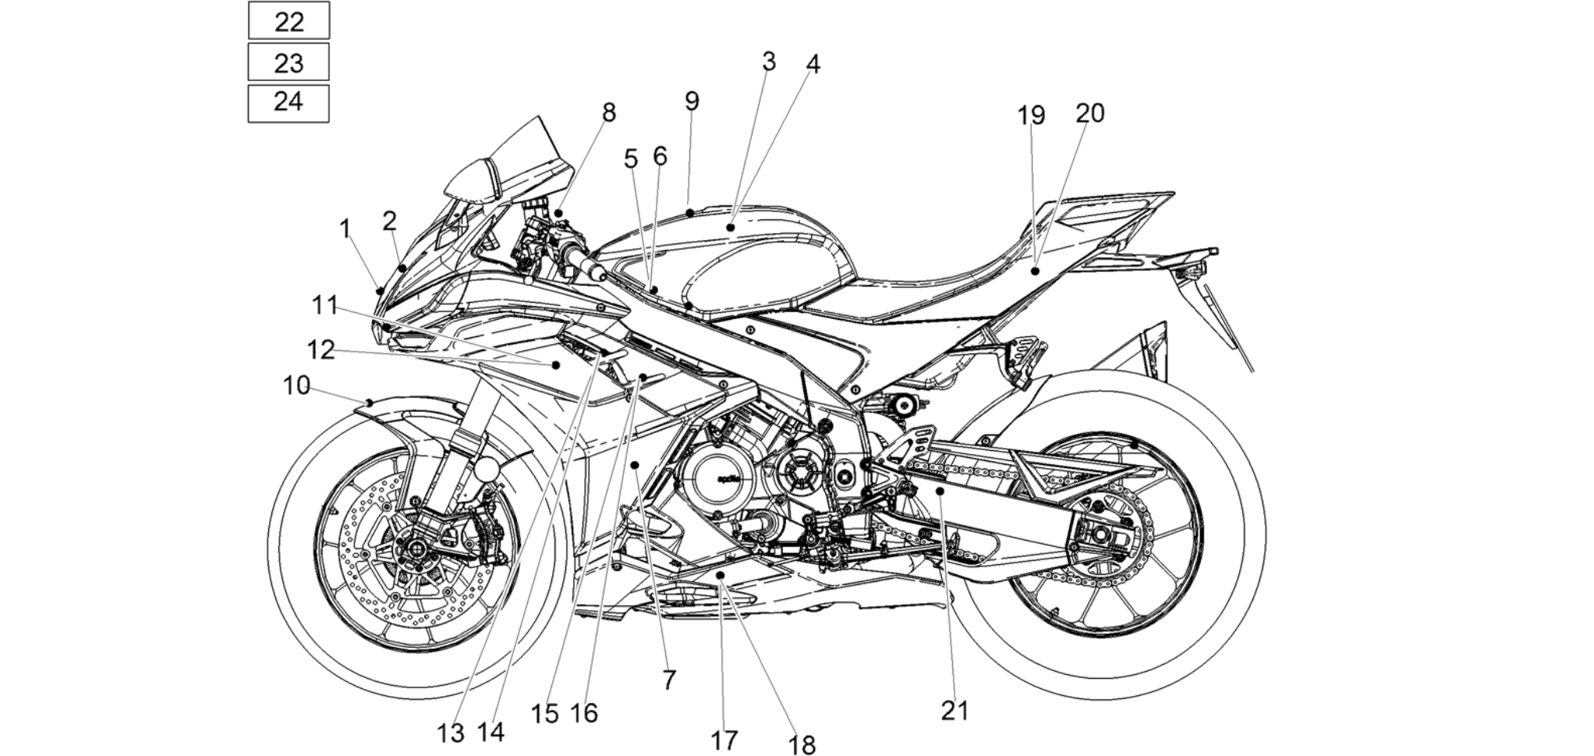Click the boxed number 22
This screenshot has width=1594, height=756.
(x=289, y=21)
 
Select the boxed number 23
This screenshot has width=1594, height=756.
(x=289, y=62)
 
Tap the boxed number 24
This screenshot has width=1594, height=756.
(x=289, y=101)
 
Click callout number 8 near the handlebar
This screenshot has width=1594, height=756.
(x=608, y=113)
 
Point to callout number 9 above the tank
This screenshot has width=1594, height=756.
(x=692, y=101)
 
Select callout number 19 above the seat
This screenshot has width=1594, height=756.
(x=1030, y=115)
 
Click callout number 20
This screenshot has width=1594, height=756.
(x=1089, y=114)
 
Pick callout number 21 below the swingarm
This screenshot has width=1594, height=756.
(x=955, y=711)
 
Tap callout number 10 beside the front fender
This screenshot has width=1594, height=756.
(x=296, y=385)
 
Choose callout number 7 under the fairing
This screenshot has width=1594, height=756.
(x=669, y=680)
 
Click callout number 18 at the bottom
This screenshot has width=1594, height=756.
(x=802, y=745)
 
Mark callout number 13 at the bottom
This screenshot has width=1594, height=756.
(x=451, y=733)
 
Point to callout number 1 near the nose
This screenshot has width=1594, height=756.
(x=345, y=229)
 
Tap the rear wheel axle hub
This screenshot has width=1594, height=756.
(x=1099, y=534)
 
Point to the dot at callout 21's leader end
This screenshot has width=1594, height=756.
(x=941, y=491)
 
